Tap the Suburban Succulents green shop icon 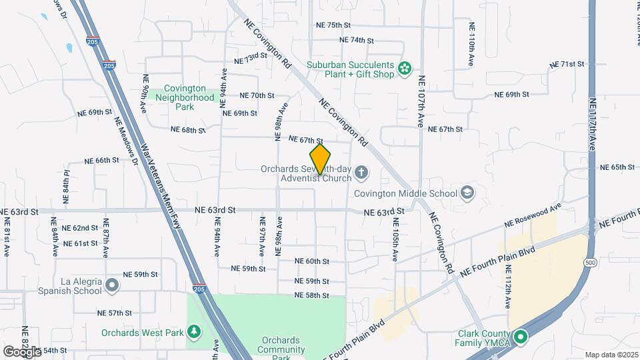(x=404, y=68)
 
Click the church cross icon (x=361, y=173)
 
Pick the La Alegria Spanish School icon (x=112, y=286)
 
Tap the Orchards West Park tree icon (x=194, y=331)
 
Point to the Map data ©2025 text (x=611, y=355)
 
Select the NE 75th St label (x=333, y=25)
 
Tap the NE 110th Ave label (x=471, y=40)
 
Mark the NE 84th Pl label (x=66, y=182)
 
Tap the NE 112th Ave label (x=509, y=286)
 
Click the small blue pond (x=69, y=48)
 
